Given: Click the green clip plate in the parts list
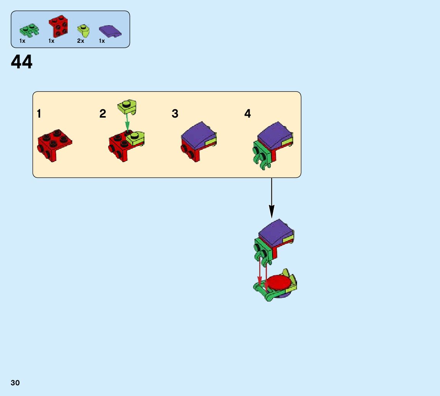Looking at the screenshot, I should click(x=29, y=30).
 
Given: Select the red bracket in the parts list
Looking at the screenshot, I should click(x=58, y=26).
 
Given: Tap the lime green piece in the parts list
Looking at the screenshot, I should click(x=83, y=30).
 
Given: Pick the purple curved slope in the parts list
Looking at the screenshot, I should click(x=110, y=31).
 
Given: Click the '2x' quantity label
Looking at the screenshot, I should click(x=80, y=41).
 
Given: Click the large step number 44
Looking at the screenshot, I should click(x=22, y=62).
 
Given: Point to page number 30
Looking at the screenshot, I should click(x=15, y=383).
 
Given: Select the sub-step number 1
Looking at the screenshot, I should click(x=39, y=114).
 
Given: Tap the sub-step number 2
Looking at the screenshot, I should click(x=103, y=114).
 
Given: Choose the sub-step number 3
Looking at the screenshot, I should click(x=175, y=114).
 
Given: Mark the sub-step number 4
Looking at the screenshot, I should click(x=248, y=114).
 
